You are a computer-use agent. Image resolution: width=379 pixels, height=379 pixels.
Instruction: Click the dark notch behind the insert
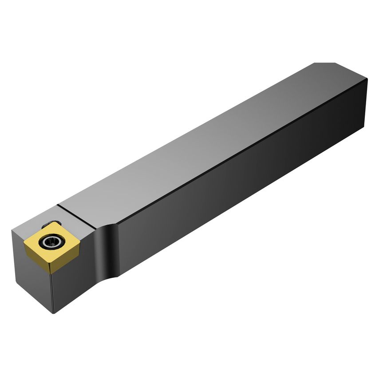[x=52, y=225]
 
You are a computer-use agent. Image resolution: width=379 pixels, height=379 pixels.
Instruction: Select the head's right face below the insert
[x=71, y=284]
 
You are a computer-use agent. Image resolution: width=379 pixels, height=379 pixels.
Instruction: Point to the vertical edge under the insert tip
[x=52, y=288]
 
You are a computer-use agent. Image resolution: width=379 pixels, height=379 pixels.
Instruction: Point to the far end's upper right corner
[x=367, y=80]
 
